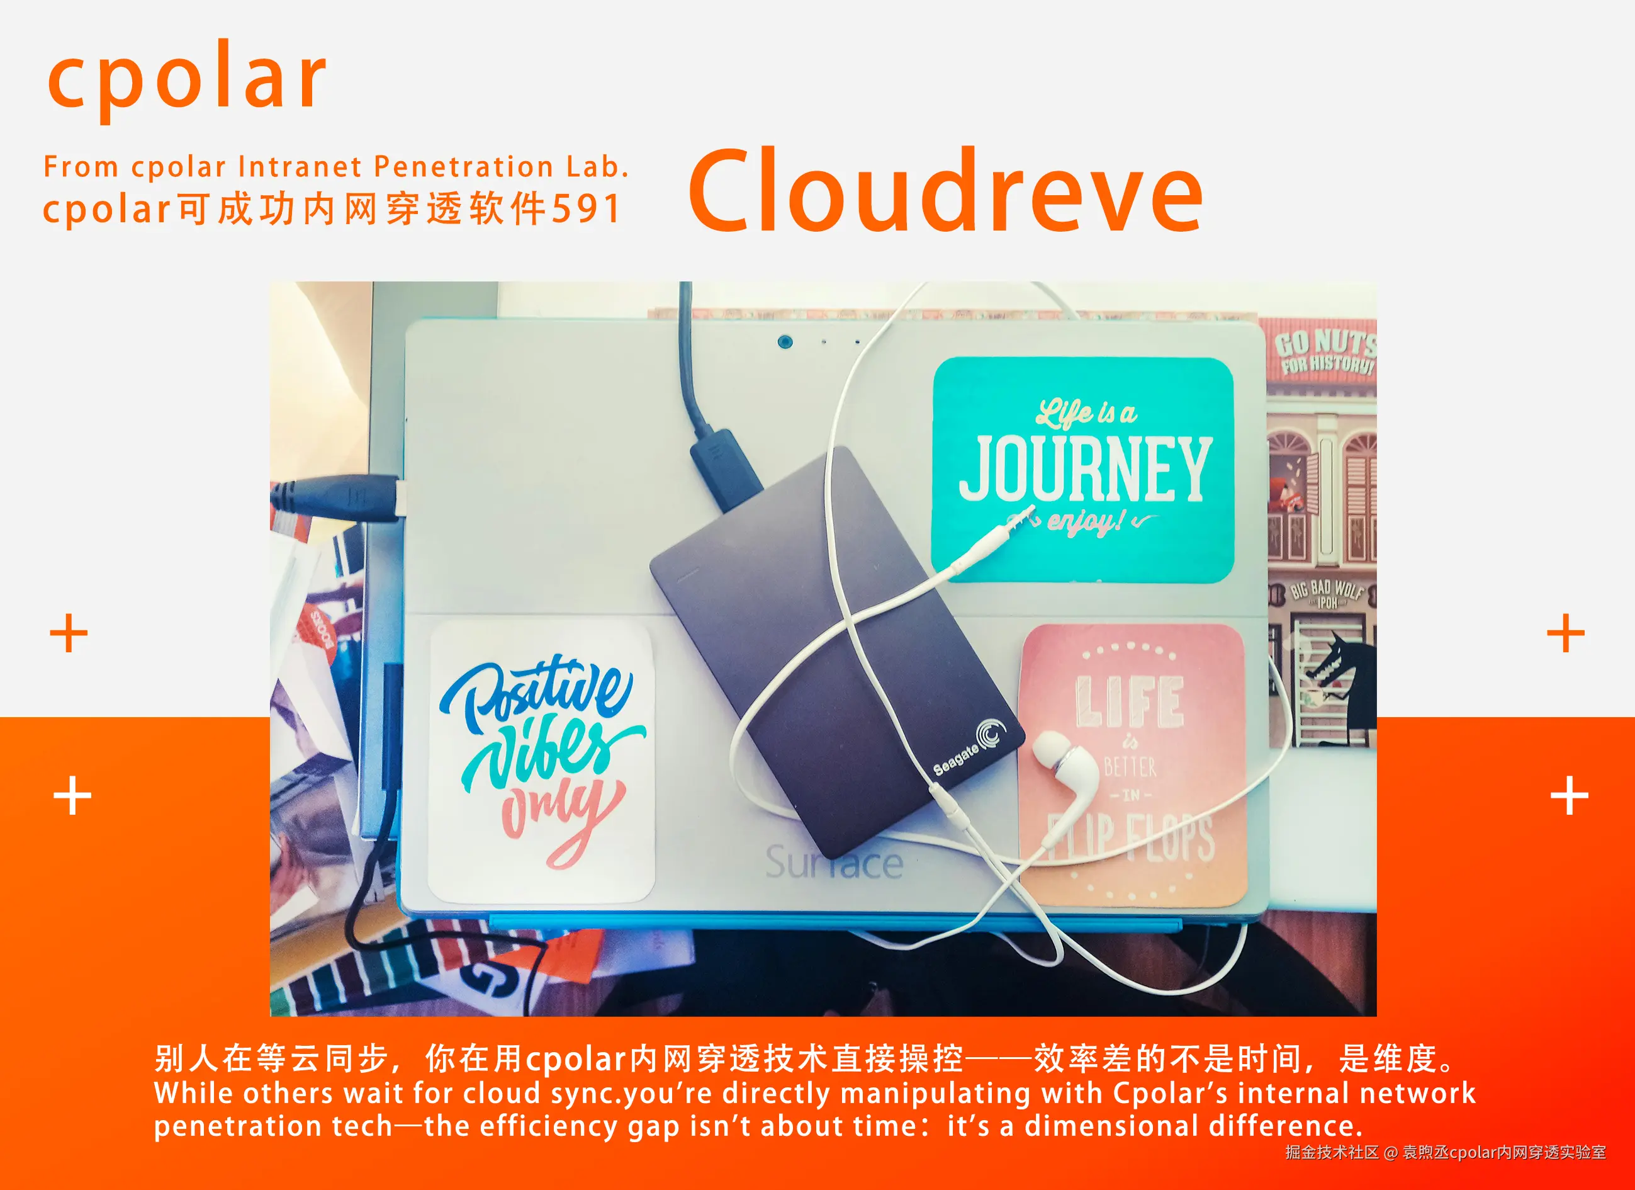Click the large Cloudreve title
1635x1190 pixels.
point(945,191)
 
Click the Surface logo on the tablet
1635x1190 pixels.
point(833,863)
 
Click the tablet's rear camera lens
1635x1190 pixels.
point(785,341)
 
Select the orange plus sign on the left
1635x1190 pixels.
point(69,633)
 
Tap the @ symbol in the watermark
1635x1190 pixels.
point(1391,1152)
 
